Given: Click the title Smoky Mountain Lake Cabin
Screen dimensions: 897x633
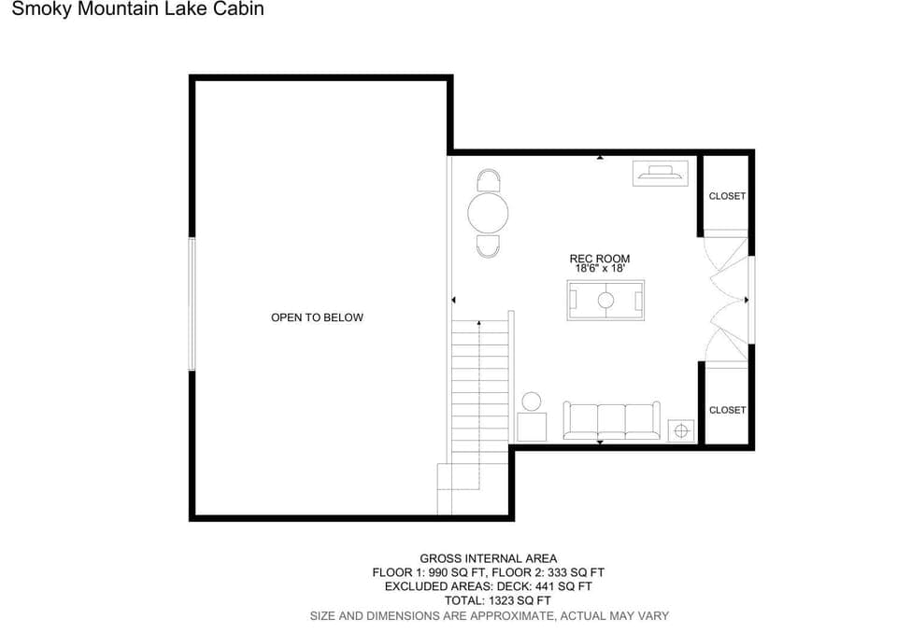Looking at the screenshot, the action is pyautogui.click(x=138, y=8).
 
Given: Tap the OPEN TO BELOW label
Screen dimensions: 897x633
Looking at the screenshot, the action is pyautogui.click(x=317, y=317).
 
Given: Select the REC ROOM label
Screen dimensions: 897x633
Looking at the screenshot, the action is pyautogui.click(x=600, y=259).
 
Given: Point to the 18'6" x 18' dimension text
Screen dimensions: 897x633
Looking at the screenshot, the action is pyautogui.click(x=600, y=268).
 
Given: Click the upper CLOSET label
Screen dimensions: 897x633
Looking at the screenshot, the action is pyautogui.click(x=727, y=196).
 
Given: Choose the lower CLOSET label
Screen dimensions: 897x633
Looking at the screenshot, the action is pyautogui.click(x=727, y=410).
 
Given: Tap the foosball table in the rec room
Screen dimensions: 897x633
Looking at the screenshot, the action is pyautogui.click(x=605, y=301).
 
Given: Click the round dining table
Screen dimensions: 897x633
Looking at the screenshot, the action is pyautogui.click(x=488, y=213).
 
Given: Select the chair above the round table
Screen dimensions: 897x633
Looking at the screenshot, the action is pyautogui.click(x=488, y=180).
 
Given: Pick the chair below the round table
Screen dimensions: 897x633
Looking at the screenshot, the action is pyautogui.click(x=488, y=246).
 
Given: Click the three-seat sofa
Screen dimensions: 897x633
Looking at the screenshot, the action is pyautogui.click(x=611, y=420).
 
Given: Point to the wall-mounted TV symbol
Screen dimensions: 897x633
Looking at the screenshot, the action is pyautogui.click(x=661, y=173).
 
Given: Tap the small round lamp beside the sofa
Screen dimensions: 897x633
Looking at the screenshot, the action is pyautogui.click(x=532, y=401).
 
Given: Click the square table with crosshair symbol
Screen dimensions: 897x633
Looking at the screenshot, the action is pyautogui.click(x=681, y=430).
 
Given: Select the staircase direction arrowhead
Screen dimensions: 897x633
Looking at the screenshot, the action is pyautogui.click(x=479, y=324).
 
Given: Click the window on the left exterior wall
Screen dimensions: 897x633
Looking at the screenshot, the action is pyautogui.click(x=192, y=303).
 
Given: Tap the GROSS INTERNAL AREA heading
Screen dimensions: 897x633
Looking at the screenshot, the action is pyautogui.click(x=489, y=558).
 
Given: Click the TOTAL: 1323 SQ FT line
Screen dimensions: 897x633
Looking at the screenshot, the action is pyautogui.click(x=498, y=601).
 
